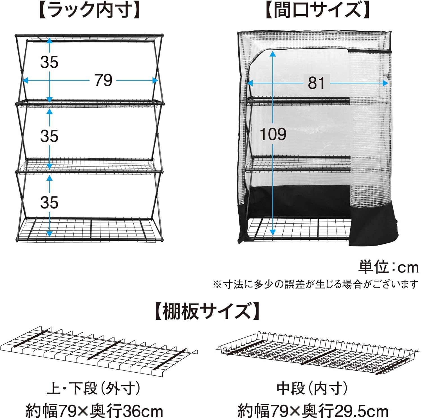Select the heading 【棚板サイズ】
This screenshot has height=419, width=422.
tap(207, 311)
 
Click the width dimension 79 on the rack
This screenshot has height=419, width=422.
tap(103, 80)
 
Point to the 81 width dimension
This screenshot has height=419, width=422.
tap(316, 83)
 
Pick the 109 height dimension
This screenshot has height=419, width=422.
tap(273, 134)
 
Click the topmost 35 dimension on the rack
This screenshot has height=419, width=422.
tap(49, 62)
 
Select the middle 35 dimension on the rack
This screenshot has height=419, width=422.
tap(49, 136)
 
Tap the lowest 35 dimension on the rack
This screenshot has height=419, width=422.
tap(49, 202)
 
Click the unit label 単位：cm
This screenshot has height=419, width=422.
tap(389, 267)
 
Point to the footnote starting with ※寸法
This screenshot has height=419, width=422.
tap(315, 285)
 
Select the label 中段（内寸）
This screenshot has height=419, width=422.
tap(312, 389)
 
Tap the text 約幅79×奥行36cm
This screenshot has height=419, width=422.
tap(94, 411)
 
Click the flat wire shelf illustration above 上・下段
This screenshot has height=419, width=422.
tap(98, 350)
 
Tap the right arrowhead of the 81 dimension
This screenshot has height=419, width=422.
tap(386, 83)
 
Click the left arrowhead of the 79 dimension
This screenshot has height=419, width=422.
tap(25, 81)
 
